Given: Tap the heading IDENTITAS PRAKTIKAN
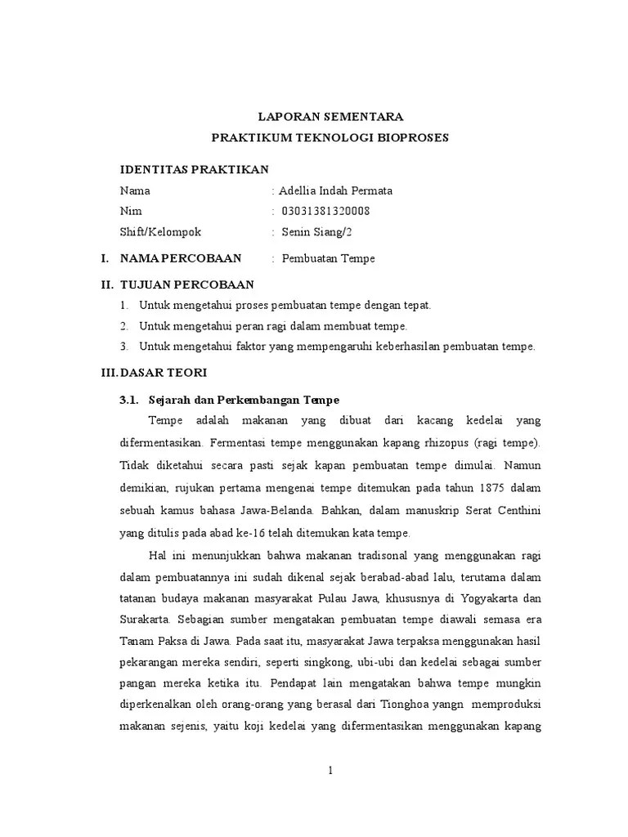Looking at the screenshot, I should [194, 169].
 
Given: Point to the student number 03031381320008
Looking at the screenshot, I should [325, 211].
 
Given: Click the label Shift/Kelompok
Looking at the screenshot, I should [160, 232].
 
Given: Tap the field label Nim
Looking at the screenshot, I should [131, 211].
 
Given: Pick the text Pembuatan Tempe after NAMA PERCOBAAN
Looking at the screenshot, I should [328, 258].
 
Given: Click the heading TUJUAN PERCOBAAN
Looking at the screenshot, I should [187, 284].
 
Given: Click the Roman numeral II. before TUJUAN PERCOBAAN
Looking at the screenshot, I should [105, 284].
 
